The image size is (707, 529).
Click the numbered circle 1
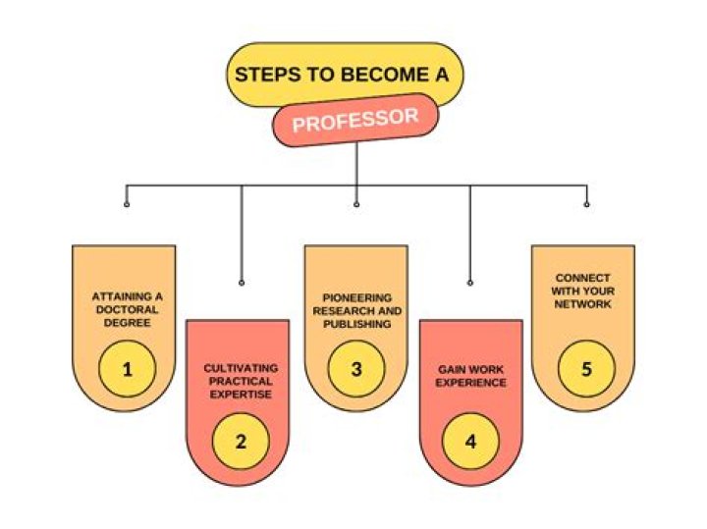(127, 369)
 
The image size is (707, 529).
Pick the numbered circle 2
(241, 441)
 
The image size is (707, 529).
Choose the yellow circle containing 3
(356, 369)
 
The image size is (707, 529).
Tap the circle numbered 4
(470, 441)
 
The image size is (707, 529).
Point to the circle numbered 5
(586, 369)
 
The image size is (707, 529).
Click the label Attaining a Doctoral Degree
(126, 308)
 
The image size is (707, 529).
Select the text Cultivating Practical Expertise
(241, 380)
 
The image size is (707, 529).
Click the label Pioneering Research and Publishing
(356, 310)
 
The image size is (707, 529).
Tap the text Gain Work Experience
(471, 376)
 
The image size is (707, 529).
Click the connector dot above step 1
(127, 204)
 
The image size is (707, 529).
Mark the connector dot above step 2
(242, 283)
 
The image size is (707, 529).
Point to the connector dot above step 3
(356, 204)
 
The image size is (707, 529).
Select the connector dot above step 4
(470, 283)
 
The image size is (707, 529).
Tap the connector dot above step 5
(586, 204)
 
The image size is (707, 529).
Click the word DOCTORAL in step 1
(127, 308)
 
